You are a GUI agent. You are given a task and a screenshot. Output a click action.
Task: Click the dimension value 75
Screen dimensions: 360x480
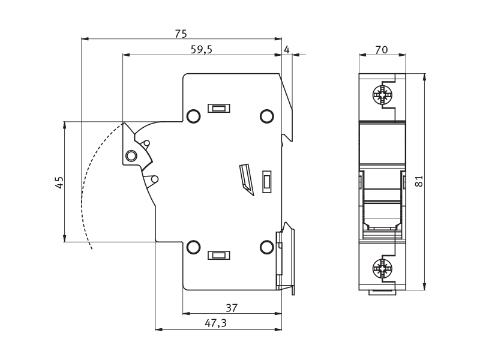[181, 34]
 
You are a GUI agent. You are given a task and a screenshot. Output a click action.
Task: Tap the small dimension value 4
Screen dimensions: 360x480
[287, 50]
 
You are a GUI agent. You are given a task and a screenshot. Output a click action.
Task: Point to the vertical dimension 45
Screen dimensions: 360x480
[59, 182]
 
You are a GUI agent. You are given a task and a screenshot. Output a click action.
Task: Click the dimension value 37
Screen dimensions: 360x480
[232, 308]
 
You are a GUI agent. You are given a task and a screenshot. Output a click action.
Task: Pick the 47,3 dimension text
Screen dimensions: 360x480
[215, 323]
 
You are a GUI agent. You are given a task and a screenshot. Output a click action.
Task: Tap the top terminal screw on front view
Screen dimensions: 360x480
[382, 95]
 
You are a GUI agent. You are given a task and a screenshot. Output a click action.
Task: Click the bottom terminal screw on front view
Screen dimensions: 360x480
[382, 268]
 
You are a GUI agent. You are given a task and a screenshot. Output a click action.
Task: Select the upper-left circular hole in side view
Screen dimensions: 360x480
[193, 116]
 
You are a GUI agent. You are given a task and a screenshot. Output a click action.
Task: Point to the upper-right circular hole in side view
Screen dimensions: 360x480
[266, 116]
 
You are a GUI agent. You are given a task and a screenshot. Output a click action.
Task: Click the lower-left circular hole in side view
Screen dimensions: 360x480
[193, 247]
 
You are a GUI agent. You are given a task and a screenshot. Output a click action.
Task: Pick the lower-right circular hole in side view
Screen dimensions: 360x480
[266, 247]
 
